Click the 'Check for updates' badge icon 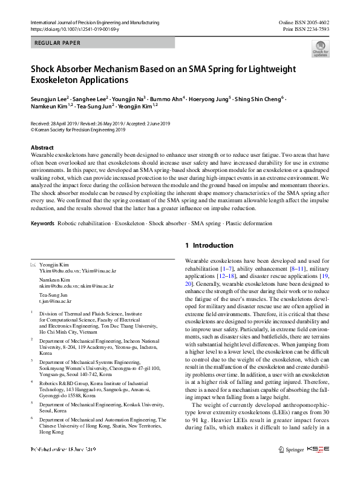click(320, 48)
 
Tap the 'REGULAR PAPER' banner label click(58, 43)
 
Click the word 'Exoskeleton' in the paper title click(56, 79)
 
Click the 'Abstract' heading click(42, 148)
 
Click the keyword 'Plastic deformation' click(232, 223)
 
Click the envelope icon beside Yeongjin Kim click(33, 265)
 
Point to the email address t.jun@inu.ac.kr click(55, 300)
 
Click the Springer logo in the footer click(291, 466)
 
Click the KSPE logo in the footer click(319, 466)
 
